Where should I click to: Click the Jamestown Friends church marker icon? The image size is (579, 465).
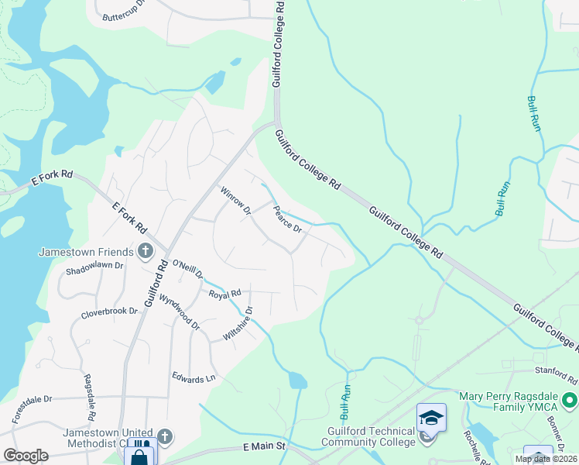[145, 251]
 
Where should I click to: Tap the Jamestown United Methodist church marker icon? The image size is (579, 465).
[164, 437]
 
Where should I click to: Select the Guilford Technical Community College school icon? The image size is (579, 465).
[431, 418]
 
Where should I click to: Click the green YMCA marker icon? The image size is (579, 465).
[570, 401]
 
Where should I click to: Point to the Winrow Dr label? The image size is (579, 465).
[236, 201]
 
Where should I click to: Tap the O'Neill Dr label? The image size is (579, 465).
[187, 269]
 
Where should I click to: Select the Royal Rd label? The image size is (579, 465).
[225, 294]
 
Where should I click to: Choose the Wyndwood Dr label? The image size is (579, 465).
[179, 312]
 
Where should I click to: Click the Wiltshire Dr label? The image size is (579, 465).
[237, 324]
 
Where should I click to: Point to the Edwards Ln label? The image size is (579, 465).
[194, 378]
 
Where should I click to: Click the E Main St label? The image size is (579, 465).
[264, 447]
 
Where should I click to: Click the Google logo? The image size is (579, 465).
[26, 456]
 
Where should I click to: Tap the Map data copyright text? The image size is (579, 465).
[546, 459]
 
